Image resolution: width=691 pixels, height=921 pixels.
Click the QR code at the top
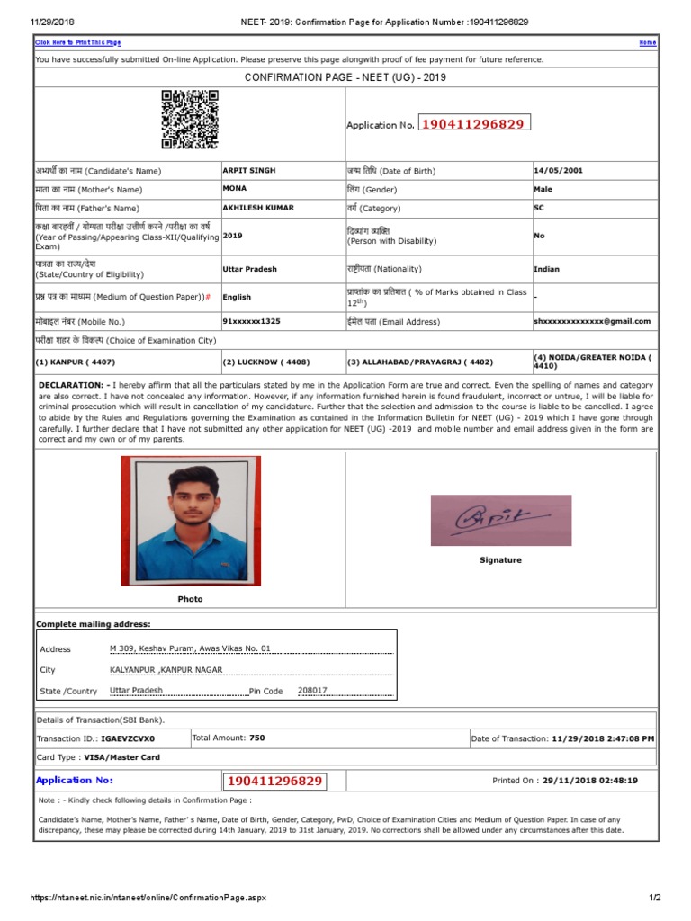pos(190,119)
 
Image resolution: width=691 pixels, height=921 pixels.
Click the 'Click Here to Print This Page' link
pos(77,42)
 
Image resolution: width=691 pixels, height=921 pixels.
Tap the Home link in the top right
pos(647,42)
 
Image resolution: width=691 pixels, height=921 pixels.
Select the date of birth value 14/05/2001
pos(559,170)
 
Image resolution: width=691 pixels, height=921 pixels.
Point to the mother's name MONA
pos(234,189)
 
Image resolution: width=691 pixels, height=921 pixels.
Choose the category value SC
pos(539,207)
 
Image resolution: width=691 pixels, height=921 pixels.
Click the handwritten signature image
pos(500,520)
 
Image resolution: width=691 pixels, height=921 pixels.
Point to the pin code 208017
pos(312,691)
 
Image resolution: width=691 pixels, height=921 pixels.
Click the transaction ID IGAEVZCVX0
pos(134,738)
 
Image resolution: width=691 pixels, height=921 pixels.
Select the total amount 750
pos(256,738)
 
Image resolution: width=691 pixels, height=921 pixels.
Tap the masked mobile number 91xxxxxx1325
pos(251,320)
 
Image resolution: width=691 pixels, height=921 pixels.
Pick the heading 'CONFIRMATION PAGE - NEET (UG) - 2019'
pos(345,77)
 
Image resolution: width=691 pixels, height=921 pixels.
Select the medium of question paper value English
pos(237,297)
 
